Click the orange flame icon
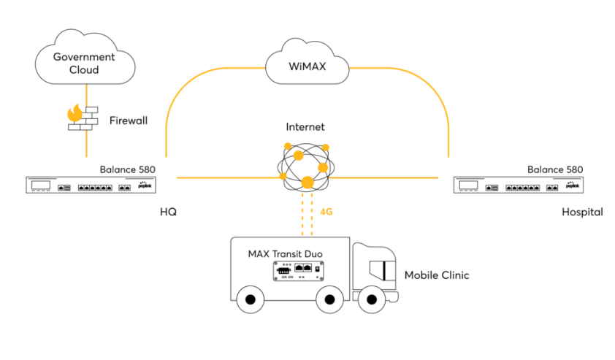pos(75,113)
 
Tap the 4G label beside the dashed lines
pos(326,212)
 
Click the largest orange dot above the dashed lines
pos(307,182)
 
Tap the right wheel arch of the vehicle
pos(329,294)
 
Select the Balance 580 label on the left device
pos(128,169)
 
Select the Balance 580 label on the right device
pos(555,169)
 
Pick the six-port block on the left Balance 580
pos(96,188)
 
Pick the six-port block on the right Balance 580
pos(523,188)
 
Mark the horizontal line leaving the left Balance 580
pos(226,177)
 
